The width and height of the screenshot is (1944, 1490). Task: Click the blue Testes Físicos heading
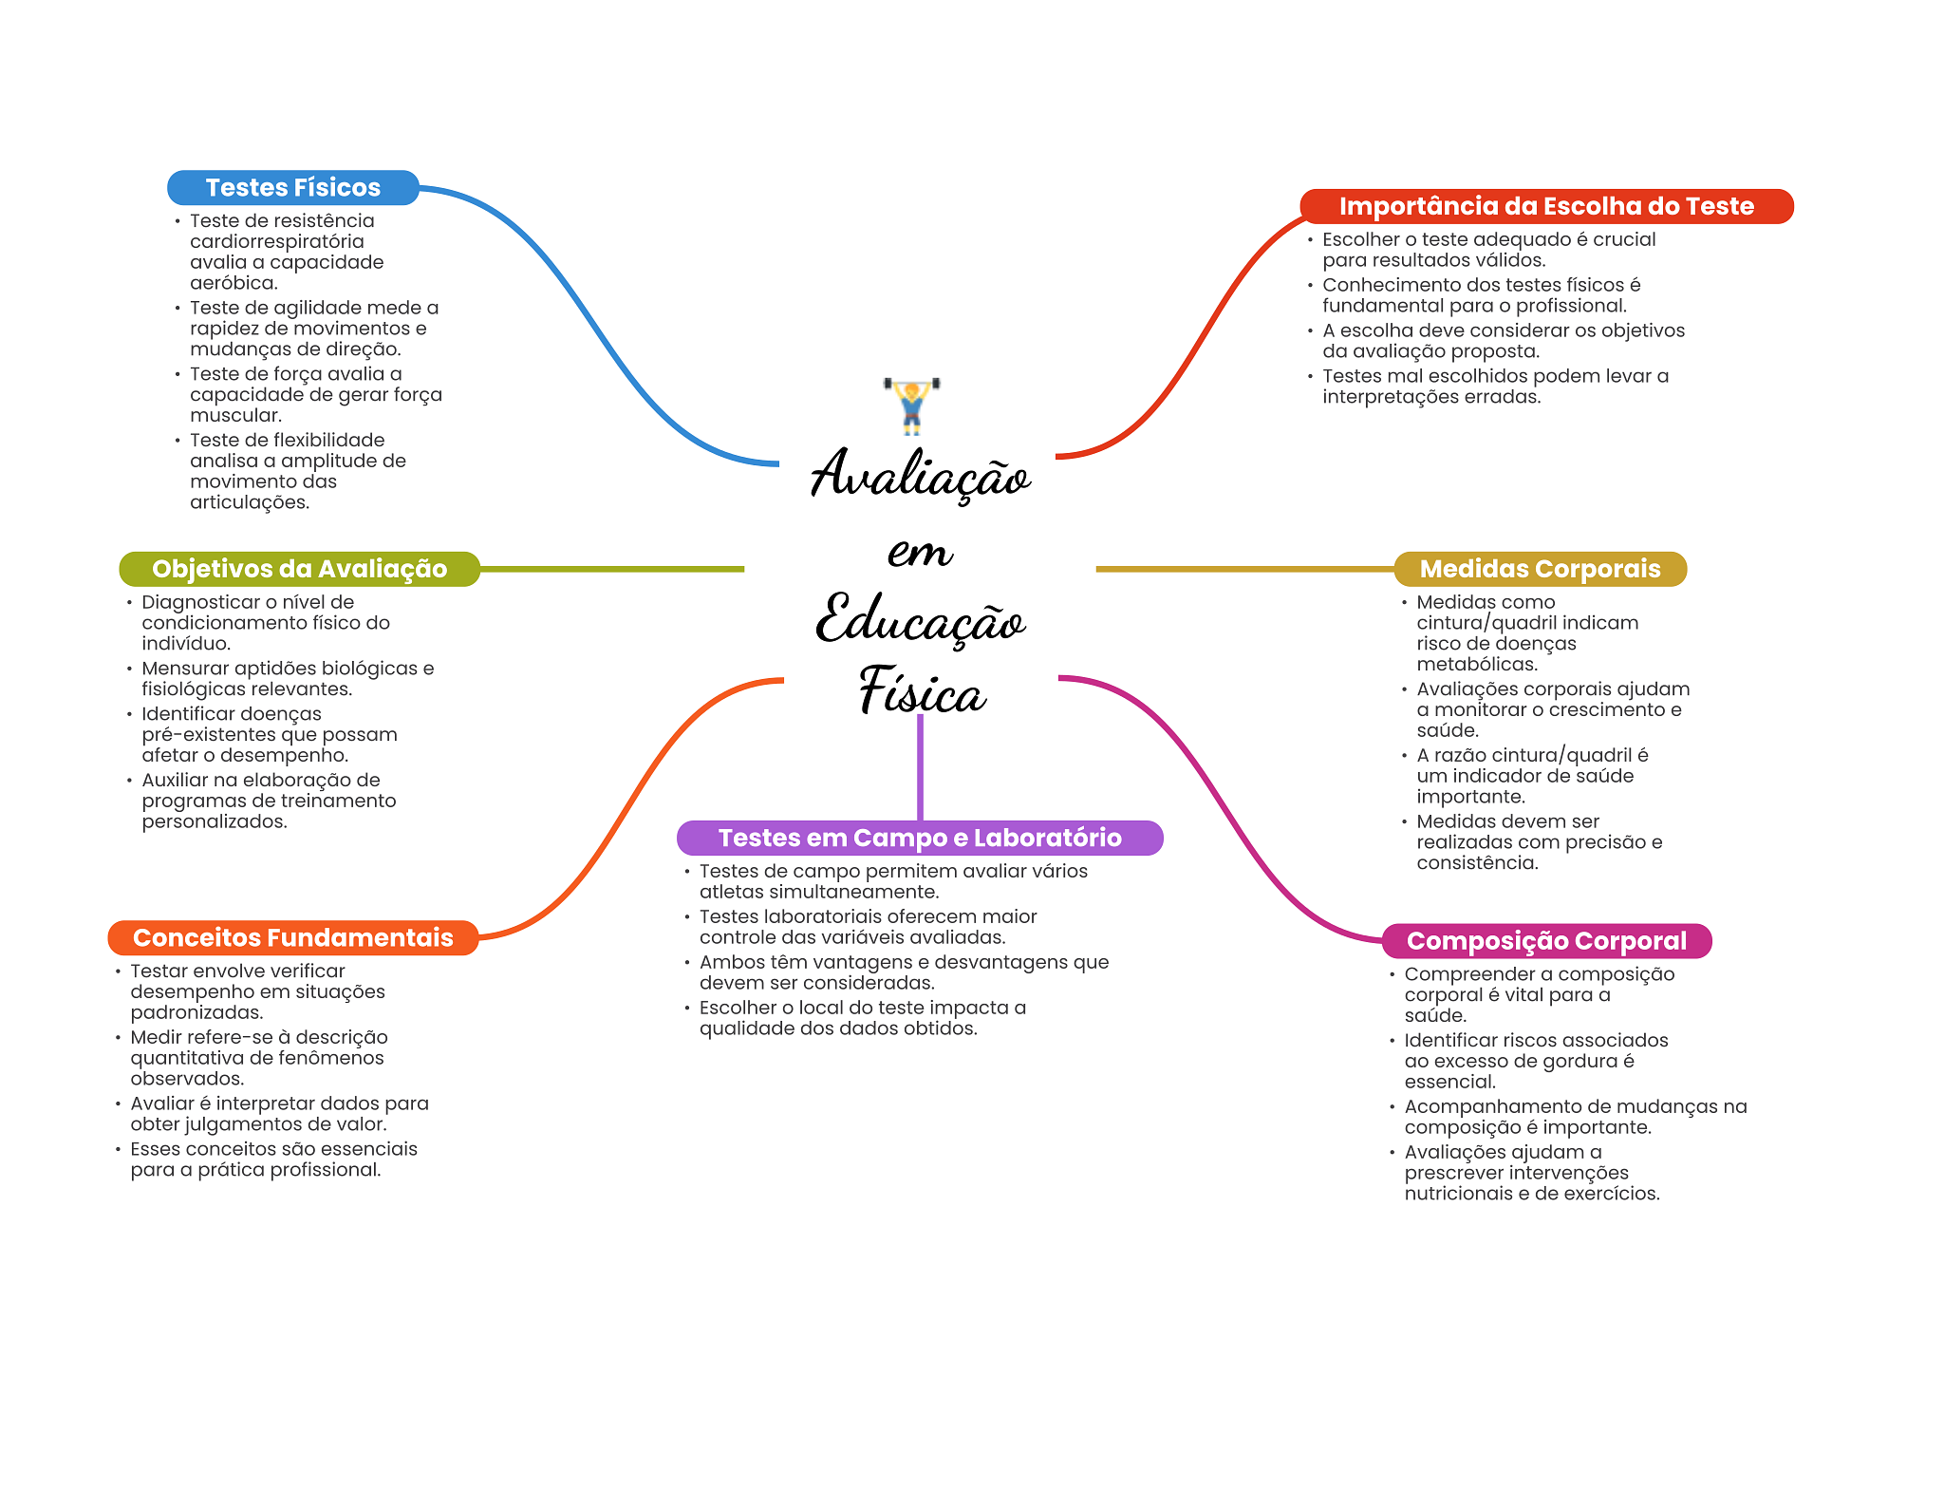click(292, 188)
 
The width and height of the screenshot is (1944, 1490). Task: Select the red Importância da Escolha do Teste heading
click(1545, 206)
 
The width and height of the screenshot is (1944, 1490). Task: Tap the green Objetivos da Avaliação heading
click(299, 569)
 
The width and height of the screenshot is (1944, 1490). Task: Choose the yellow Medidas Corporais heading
click(1540, 569)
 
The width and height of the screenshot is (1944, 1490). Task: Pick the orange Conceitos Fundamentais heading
click(292, 937)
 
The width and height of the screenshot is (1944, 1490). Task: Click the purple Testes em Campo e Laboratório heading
click(919, 838)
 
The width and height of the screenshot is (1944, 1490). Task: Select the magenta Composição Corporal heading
click(1545, 941)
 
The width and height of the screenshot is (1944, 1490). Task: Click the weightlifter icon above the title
click(911, 406)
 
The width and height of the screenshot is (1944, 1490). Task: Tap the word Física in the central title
click(922, 690)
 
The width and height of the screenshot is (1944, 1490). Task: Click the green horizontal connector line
click(611, 569)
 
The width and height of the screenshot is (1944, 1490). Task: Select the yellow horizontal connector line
click(1243, 569)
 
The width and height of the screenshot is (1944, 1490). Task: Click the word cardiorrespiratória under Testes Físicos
click(276, 241)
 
